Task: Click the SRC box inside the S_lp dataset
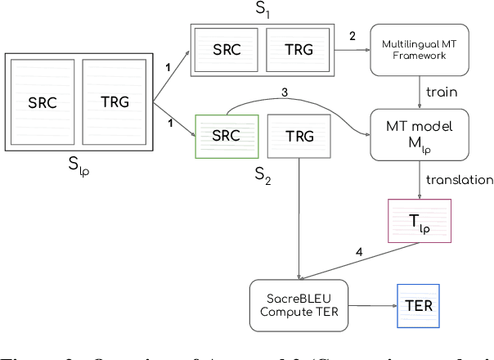pyautogui.click(x=43, y=102)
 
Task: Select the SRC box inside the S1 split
pyautogui.click(x=227, y=49)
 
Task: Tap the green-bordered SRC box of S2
pyautogui.click(x=227, y=133)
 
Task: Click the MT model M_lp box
pyautogui.click(x=420, y=133)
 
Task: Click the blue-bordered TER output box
pyautogui.click(x=418, y=306)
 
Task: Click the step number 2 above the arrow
pyautogui.click(x=353, y=36)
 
